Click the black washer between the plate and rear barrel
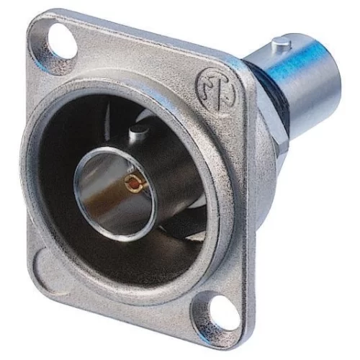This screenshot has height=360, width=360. tap(257, 86)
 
